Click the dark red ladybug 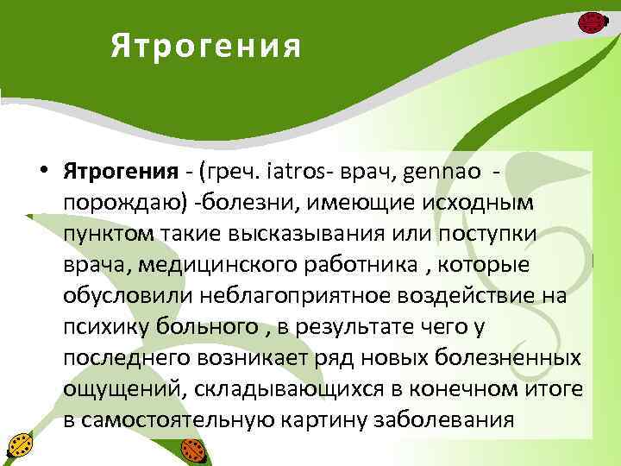[590, 22]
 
